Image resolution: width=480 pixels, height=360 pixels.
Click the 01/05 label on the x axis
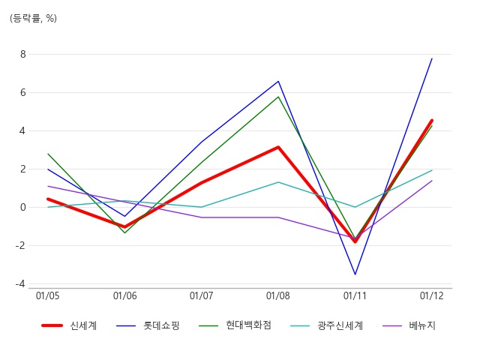tap(48, 295)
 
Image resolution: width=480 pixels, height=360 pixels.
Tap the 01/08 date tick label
tap(278, 295)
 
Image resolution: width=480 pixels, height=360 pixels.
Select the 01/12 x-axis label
tap(432, 295)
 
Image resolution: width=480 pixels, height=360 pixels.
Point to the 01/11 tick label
tap(355, 295)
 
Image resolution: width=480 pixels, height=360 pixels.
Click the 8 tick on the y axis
tap(23, 55)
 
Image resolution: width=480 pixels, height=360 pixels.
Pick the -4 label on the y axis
tap(20, 284)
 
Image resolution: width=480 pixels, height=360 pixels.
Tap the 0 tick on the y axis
tap(23, 207)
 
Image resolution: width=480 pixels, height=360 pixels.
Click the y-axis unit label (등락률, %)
tap(33, 18)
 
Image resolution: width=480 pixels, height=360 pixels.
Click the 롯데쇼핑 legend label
tap(161, 325)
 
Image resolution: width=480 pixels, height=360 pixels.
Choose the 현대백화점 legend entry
tap(248, 325)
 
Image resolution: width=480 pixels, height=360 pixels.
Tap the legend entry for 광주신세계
tap(340, 325)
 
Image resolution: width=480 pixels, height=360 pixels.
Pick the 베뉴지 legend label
tap(422, 325)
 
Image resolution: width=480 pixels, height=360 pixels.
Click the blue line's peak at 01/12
tap(432, 58)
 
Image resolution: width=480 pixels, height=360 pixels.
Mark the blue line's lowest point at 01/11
tap(355, 274)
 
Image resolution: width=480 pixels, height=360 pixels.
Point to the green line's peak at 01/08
tap(278, 97)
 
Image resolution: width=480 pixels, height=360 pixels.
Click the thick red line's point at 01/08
tap(278, 147)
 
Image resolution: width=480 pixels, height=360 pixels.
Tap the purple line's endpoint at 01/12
tap(432, 181)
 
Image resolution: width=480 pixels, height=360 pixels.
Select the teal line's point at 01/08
tap(278, 182)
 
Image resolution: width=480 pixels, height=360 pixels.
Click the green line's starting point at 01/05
tap(48, 154)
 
